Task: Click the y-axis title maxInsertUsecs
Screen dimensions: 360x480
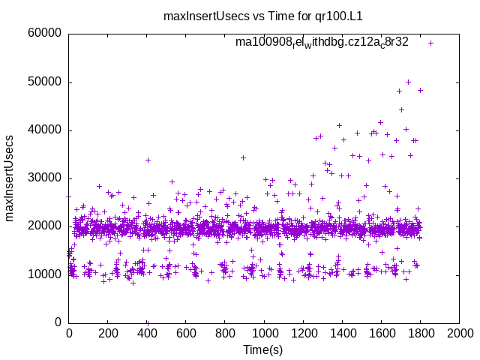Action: click(10, 178)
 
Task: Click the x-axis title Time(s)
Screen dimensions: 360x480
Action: click(263, 349)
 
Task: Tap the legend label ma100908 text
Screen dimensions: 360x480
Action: click(322, 42)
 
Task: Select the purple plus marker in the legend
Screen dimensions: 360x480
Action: click(431, 43)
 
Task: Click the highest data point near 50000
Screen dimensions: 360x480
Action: click(408, 82)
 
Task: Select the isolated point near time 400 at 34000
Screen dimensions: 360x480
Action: click(148, 160)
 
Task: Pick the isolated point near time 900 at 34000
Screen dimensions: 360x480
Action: click(243, 157)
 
